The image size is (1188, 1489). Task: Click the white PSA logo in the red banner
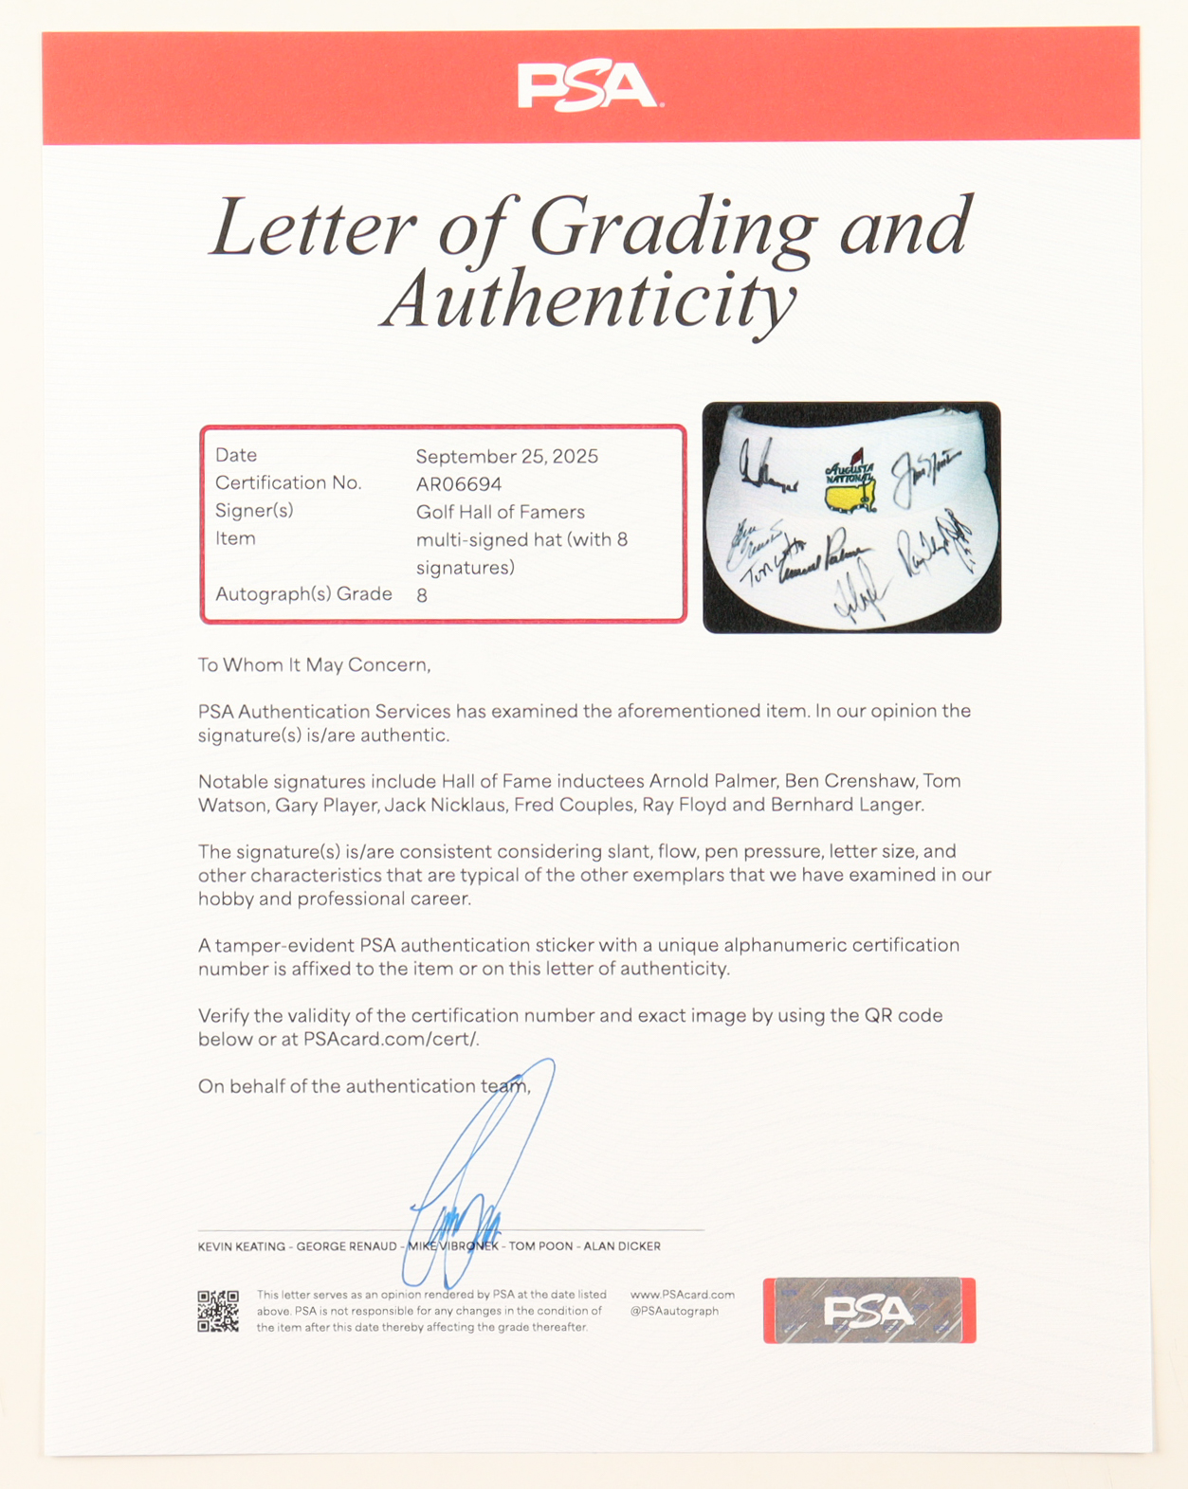(589, 86)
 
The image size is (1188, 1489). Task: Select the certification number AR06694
(459, 484)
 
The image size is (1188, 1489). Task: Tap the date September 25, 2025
(507, 456)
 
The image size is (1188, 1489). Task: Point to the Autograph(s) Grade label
(303, 594)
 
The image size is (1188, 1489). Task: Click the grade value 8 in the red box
(422, 595)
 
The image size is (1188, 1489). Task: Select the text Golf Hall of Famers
(501, 512)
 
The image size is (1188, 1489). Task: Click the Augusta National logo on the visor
(850, 483)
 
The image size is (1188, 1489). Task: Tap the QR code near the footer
(218, 1311)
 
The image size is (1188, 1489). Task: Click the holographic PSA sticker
(869, 1311)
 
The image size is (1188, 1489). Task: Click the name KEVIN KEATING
(241, 1246)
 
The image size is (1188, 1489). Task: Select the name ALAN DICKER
(622, 1246)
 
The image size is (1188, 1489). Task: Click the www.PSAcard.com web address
(683, 1295)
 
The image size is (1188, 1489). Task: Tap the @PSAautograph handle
(675, 1312)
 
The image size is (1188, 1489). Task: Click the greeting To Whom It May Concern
(314, 665)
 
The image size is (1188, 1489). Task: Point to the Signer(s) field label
(254, 511)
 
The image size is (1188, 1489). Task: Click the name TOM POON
(540, 1246)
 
